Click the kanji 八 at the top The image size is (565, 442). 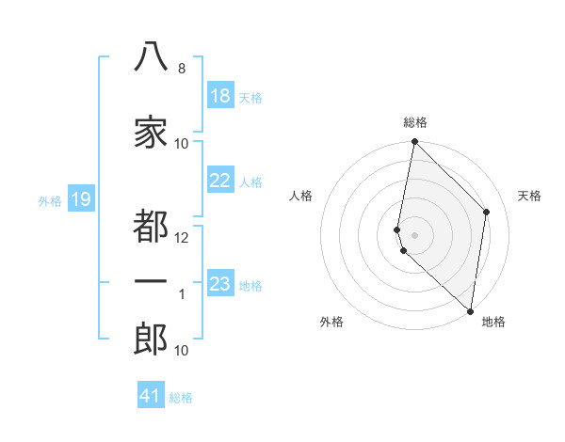151,56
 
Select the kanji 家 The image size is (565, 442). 151,132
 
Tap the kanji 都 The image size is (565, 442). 151,226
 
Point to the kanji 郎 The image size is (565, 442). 151,339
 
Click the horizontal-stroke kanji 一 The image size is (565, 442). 151,281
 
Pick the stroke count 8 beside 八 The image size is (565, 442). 182,69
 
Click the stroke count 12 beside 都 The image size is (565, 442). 181,238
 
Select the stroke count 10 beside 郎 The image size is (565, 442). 181,350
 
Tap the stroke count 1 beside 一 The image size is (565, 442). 182,294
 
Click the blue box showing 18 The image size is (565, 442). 220,95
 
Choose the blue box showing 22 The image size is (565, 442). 220,180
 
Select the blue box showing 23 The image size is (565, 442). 220,282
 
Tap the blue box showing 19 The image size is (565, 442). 81,198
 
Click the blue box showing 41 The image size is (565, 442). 151,394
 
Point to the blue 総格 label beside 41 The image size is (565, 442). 181,398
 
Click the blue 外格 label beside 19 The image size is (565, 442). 50,201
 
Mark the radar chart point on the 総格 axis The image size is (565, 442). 414,141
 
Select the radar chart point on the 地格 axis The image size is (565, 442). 470,311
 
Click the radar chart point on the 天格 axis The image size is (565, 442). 486,212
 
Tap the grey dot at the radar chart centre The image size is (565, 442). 414,235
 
